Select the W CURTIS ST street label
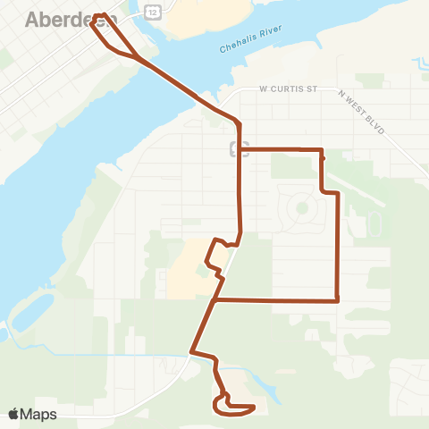click(289, 89)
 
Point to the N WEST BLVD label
click(361, 112)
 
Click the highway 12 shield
click(154, 12)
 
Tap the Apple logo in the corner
click(13, 414)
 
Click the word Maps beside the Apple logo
click(38, 414)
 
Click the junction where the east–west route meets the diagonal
click(215, 300)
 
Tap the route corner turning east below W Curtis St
click(240, 149)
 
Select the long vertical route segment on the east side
click(337, 246)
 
